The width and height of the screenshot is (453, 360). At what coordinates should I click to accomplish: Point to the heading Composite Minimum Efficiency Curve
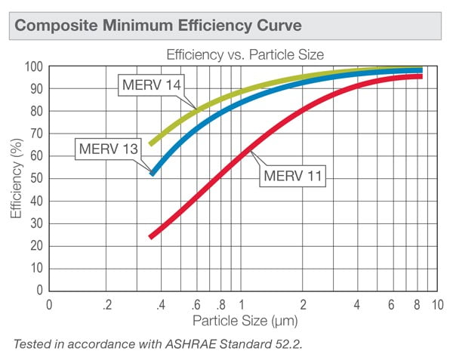(159, 26)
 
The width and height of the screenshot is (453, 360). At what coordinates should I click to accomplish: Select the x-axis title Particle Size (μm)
(240, 321)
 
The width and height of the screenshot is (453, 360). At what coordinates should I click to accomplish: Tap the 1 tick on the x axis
(241, 306)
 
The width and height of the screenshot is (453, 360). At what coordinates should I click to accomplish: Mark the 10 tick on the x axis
(436, 306)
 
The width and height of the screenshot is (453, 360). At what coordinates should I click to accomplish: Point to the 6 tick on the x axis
(391, 306)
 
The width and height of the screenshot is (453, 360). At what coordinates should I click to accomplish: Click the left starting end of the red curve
(152, 236)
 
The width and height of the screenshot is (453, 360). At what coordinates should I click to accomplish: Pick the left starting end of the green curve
(152, 143)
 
